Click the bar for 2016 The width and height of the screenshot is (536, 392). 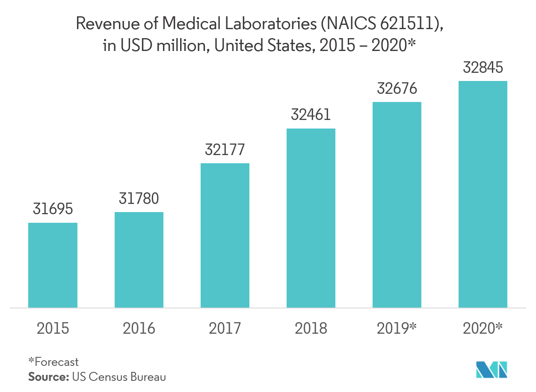[139, 260]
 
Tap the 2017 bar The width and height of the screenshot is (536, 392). [225, 235]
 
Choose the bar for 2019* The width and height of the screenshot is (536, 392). [397, 204]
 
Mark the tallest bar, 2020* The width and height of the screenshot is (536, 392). [483, 194]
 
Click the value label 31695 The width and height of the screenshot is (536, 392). [53, 209]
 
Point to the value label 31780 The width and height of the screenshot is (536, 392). [139, 199]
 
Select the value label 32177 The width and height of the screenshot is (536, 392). [225, 150]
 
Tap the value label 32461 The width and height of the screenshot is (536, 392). [311, 115]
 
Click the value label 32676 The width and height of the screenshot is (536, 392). [397, 89]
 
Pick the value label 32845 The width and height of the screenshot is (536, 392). [483, 68]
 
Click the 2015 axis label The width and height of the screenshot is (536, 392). [53, 328]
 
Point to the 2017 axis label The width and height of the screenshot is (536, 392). [225, 328]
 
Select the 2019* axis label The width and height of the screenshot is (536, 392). [397, 328]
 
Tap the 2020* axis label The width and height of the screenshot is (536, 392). [483, 328]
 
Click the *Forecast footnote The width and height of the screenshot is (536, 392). [53, 362]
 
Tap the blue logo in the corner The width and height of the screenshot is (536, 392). [492, 369]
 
